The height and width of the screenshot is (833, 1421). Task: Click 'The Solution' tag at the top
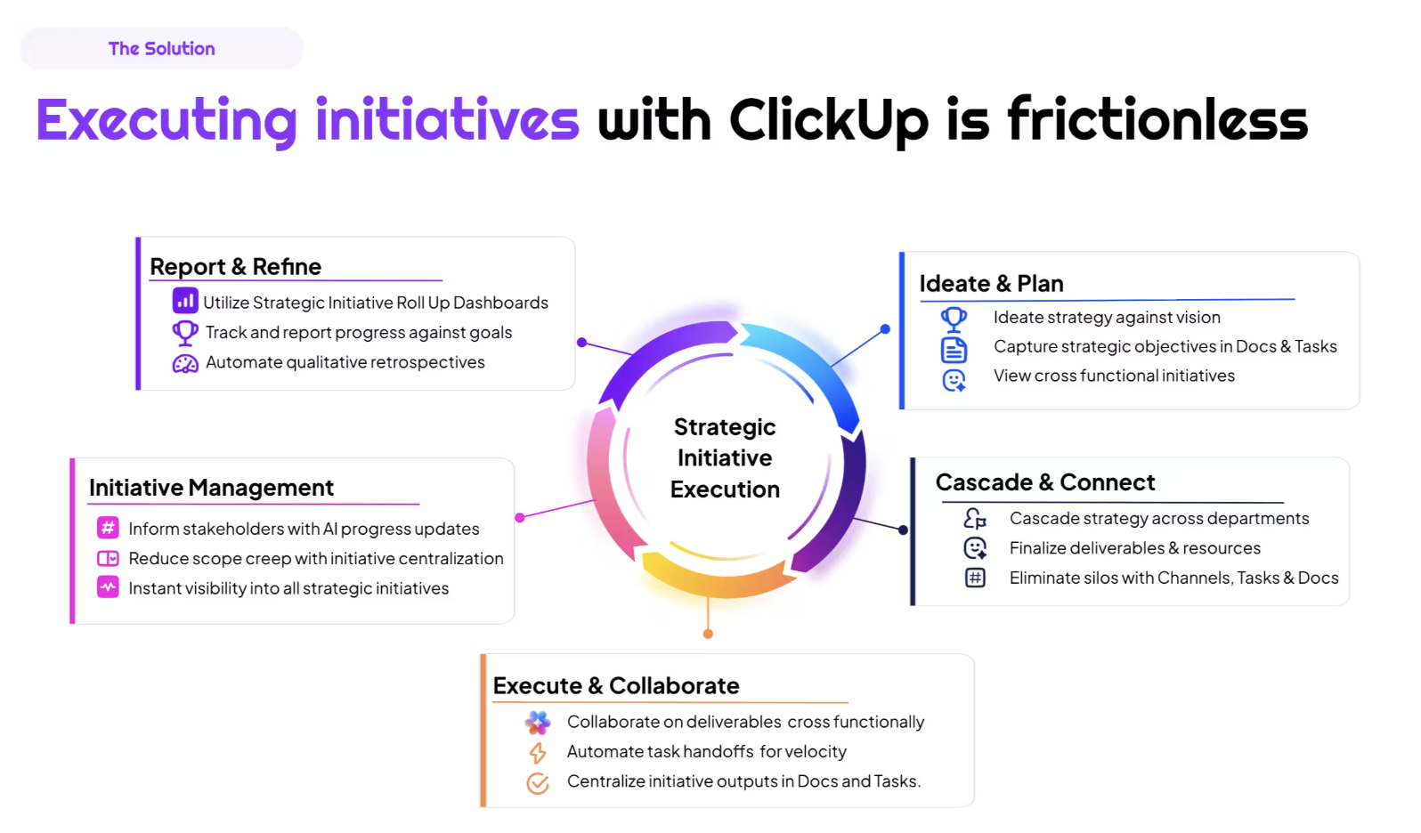coord(161,49)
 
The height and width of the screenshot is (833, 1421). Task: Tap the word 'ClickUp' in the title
coord(828,121)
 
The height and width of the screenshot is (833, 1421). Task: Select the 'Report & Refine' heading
coord(235,267)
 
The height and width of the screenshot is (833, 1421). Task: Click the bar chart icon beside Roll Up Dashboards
coord(185,301)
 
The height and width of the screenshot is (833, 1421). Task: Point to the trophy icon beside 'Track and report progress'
coord(185,332)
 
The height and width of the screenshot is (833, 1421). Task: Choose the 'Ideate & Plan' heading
coord(991,284)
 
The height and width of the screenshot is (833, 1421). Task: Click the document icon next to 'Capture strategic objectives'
coord(954,349)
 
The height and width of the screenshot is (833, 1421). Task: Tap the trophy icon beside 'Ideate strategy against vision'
coord(954,318)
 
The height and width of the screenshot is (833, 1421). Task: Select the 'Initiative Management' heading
coord(211,488)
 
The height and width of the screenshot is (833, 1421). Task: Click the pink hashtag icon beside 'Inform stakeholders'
coord(108,528)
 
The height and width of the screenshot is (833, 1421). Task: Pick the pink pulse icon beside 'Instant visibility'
coord(108,587)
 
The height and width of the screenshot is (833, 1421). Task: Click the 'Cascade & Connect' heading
coord(1044,482)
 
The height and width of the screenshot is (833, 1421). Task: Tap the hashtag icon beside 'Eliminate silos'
coord(975,578)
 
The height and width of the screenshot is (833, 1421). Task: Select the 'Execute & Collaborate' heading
coord(616,686)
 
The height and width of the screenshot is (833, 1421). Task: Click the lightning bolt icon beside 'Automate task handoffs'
coord(538,753)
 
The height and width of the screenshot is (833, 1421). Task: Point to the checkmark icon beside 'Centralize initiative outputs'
coord(538,783)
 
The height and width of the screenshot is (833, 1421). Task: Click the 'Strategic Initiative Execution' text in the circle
coord(725,458)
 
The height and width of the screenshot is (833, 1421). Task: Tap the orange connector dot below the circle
coord(708,634)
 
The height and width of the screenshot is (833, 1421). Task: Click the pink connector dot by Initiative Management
coord(520,517)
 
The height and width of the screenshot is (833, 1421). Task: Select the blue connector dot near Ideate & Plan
coord(885,329)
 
